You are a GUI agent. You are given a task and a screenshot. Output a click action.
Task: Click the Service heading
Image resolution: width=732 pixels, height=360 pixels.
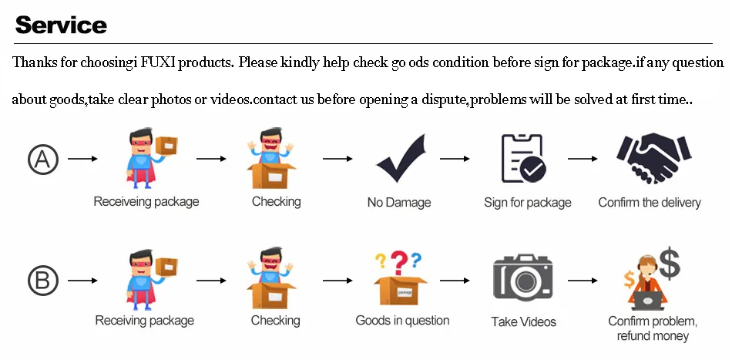coord(61,25)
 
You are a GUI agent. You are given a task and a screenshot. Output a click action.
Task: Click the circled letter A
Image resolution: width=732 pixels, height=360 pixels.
coord(43,160)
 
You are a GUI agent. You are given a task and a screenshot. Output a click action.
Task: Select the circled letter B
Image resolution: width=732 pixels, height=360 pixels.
coord(43,280)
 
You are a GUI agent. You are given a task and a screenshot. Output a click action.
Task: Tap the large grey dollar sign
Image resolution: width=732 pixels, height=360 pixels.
coord(669,264)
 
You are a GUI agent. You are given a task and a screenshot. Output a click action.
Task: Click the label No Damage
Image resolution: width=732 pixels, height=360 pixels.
coord(399,203)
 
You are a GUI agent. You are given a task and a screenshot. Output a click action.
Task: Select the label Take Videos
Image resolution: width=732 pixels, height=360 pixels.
coord(523,321)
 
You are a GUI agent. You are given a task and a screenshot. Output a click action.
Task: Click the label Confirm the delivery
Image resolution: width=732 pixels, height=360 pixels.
coord(650,203)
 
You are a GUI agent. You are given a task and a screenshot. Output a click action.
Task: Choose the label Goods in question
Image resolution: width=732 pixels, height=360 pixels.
coord(402,320)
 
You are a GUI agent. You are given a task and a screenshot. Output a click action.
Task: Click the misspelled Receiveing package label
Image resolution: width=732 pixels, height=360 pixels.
coord(146,202)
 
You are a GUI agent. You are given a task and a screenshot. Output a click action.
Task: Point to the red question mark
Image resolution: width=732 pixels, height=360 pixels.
coord(398,263)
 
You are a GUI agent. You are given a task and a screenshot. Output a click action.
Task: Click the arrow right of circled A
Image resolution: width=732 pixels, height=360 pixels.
coord(82,159)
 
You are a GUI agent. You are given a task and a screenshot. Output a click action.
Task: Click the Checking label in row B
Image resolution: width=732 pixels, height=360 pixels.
coord(276,320)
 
